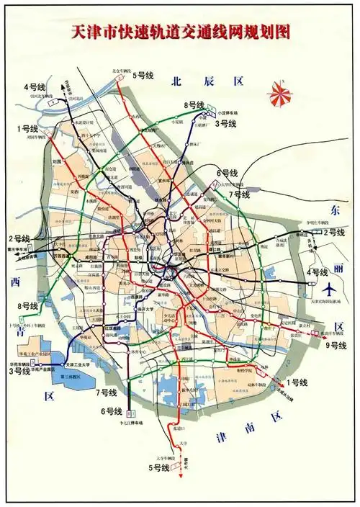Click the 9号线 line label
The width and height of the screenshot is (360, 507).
click(x=336, y=345)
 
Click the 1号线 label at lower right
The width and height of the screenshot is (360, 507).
click(x=296, y=382)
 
